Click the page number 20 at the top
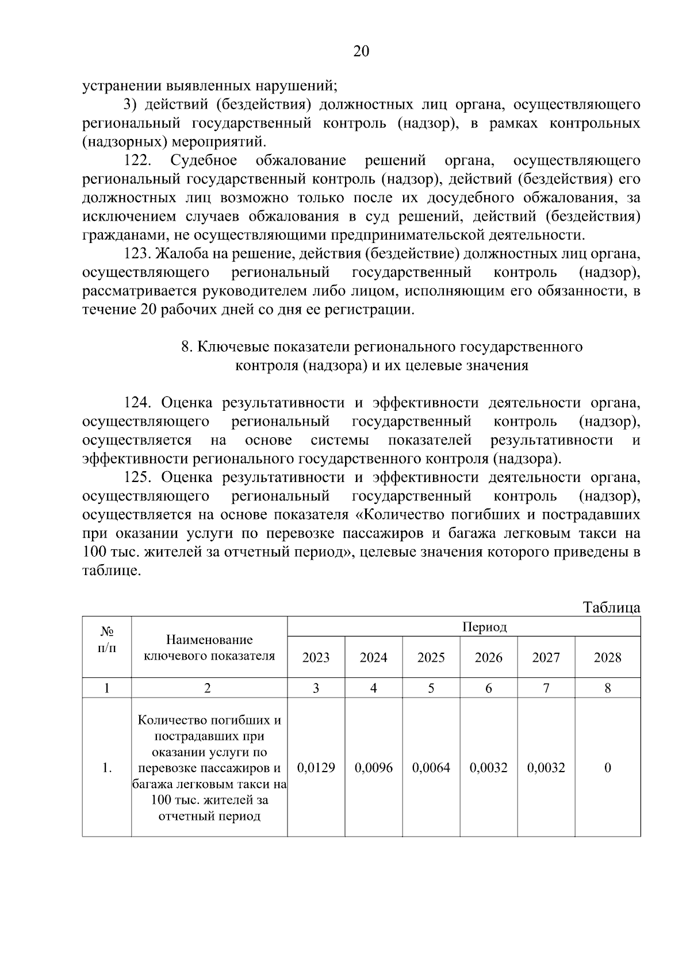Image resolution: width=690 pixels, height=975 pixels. (x=361, y=52)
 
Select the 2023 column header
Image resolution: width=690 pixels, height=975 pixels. (x=316, y=657)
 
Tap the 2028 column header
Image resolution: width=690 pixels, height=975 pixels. (x=607, y=657)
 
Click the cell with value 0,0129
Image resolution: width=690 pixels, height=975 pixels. (x=316, y=768)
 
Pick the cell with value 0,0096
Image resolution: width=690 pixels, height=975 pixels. (x=373, y=768)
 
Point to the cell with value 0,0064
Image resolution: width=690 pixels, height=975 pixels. (x=431, y=768)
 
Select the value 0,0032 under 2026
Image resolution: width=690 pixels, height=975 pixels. (x=488, y=768)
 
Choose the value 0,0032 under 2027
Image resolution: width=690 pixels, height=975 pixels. (x=546, y=768)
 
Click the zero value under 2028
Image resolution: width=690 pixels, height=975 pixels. (x=607, y=768)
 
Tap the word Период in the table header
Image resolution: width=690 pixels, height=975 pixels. (x=484, y=627)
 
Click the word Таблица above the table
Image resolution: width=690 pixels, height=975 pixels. (x=611, y=607)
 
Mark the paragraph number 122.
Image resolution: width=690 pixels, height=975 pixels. (x=137, y=160)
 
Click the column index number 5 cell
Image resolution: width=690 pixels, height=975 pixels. (x=431, y=688)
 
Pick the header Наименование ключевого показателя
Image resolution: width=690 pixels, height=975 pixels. (x=209, y=648)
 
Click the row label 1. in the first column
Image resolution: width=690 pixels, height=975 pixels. (x=106, y=768)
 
